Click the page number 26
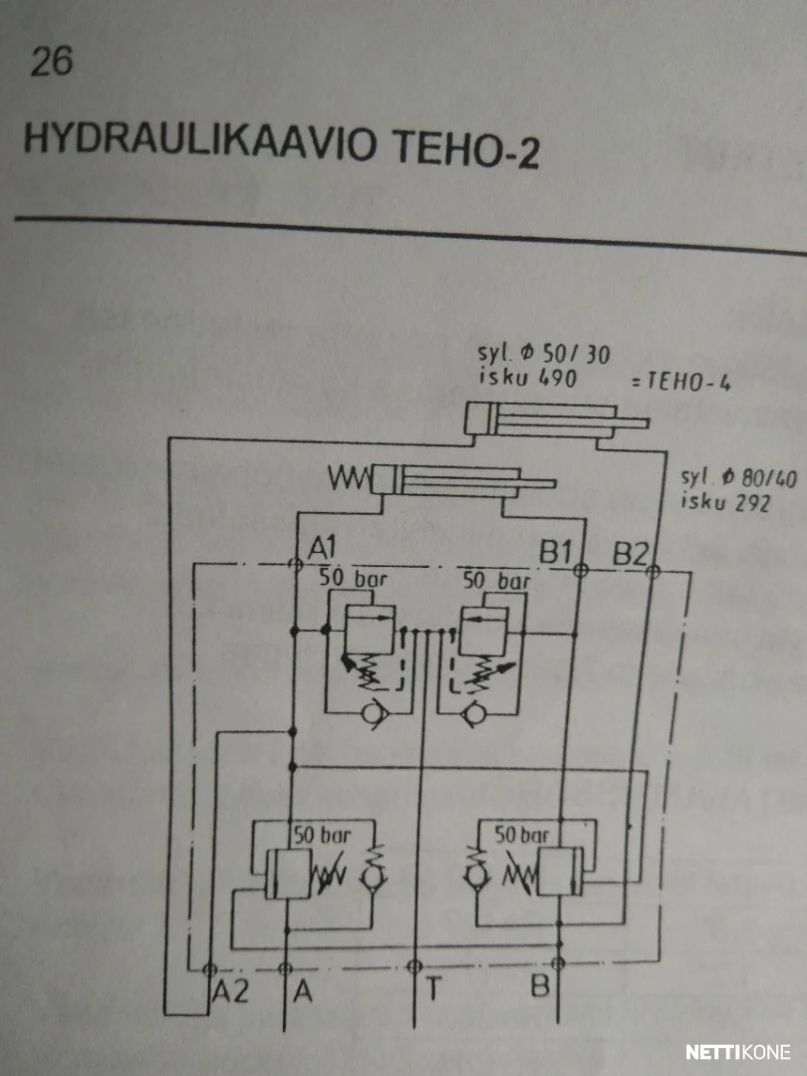click(x=51, y=63)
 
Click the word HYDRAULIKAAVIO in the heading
click(x=200, y=142)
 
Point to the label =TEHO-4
click(x=680, y=382)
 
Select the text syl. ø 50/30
click(x=544, y=354)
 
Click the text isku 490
click(x=527, y=377)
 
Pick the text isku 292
click(x=724, y=502)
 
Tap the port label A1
click(x=321, y=549)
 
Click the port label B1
click(x=556, y=551)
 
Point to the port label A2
click(x=230, y=991)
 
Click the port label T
click(x=433, y=989)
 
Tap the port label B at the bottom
click(x=540, y=986)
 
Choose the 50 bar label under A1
click(x=354, y=579)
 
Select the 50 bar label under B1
click(x=497, y=581)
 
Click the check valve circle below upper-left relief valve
click(x=374, y=714)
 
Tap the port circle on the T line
click(x=413, y=966)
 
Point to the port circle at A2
click(x=210, y=969)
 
